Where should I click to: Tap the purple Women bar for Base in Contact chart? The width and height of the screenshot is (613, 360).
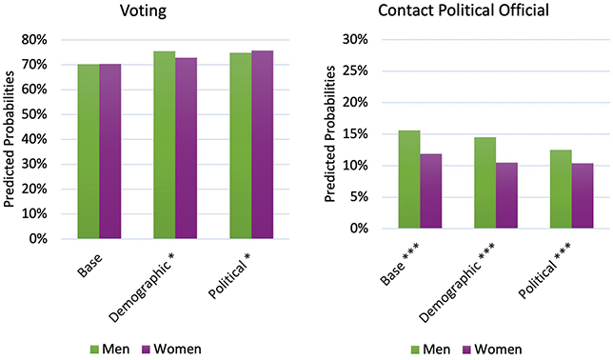431,190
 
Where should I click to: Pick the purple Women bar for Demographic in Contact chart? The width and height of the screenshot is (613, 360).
507,195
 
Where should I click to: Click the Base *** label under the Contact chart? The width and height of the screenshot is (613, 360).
401,262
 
